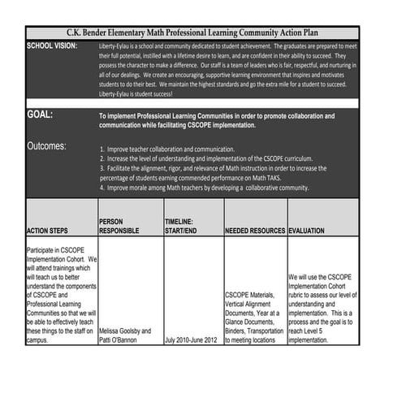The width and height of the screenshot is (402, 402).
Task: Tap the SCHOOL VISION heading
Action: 52,45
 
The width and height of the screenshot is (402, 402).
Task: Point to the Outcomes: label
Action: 47,147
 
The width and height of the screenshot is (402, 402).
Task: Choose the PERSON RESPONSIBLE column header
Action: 119,227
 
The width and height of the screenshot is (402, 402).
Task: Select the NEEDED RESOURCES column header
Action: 254,231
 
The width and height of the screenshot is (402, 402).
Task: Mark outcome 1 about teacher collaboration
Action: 167,149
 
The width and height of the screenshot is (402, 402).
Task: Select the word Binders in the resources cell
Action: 237,331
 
